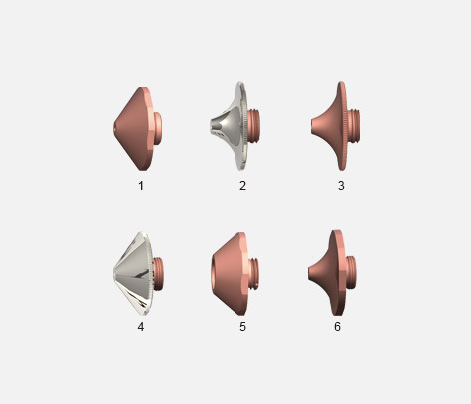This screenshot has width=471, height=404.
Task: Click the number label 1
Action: (x=141, y=186)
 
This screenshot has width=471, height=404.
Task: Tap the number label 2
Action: (x=242, y=186)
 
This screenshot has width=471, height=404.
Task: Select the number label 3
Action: (x=341, y=186)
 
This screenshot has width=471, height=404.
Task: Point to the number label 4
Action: (x=141, y=327)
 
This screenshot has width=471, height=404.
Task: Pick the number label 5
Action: (x=242, y=327)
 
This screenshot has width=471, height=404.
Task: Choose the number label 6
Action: (x=337, y=327)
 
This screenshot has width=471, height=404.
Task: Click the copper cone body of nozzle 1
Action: (x=134, y=129)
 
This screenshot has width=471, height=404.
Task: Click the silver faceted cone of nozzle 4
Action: (x=134, y=273)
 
